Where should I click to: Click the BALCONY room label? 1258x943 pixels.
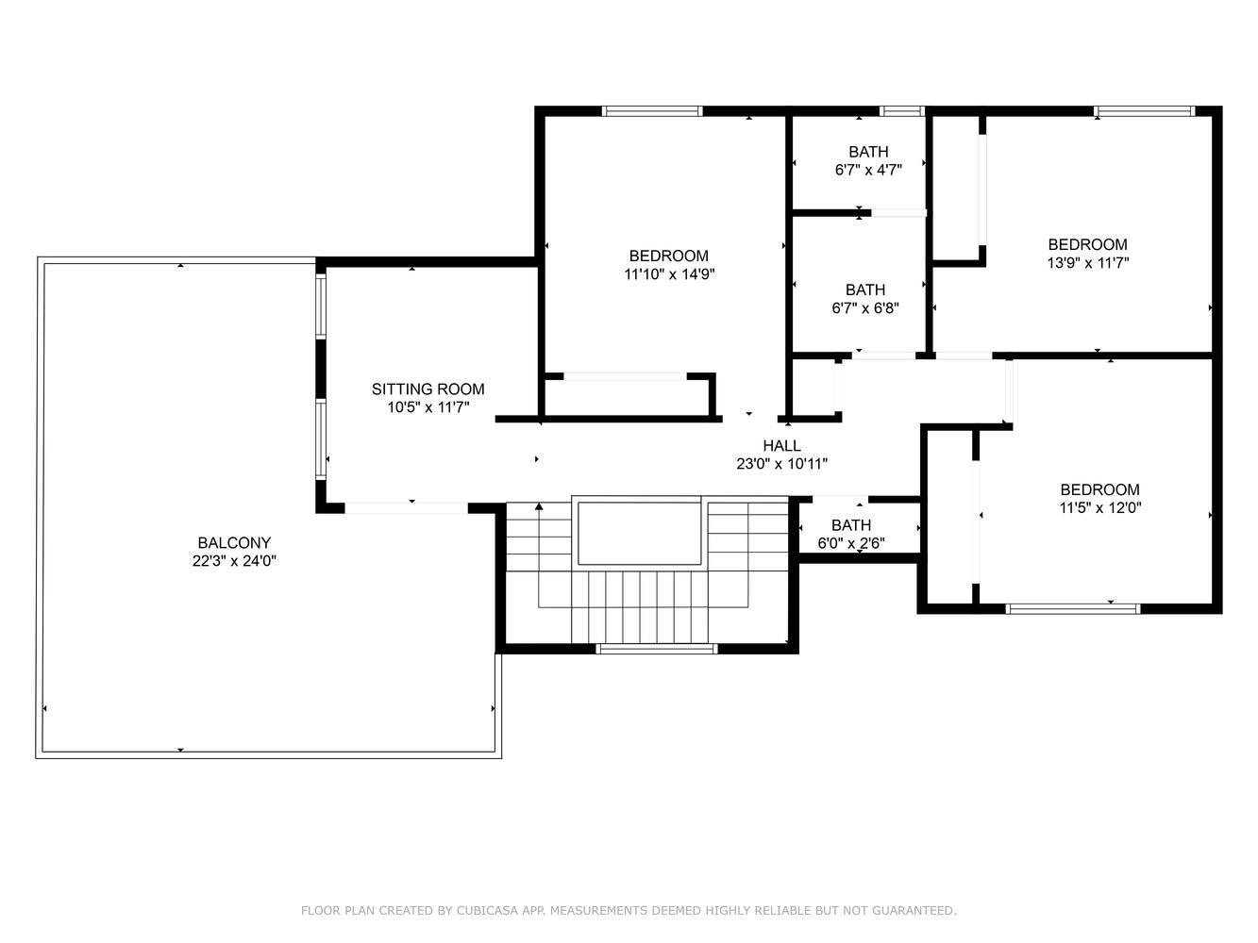[234, 542]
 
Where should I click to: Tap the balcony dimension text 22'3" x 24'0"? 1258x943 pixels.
[234, 560]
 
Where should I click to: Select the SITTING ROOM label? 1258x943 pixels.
[428, 389]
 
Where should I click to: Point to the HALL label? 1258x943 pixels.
[781, 445]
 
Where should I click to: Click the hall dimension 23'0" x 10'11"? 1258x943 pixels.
[781, 464]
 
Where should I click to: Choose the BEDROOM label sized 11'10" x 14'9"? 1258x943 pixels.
[668, 256]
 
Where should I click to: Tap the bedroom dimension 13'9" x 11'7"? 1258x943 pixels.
[1087, 263]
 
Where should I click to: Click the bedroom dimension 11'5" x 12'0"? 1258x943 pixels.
[1099, 507]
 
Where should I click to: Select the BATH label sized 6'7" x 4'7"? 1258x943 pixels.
[868, 152]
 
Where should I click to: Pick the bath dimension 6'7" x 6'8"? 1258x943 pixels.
[864, 308]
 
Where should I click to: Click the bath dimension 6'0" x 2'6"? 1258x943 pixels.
[850, 543]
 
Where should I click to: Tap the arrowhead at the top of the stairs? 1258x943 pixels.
[539, 506]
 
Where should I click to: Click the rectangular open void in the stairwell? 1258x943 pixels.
[639, 533]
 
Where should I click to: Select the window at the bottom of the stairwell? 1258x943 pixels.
[656, 649]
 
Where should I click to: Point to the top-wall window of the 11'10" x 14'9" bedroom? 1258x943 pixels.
[652, 111]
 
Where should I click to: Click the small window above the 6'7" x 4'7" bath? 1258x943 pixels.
[901, 111]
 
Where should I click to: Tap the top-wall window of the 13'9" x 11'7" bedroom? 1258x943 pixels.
[1144, 111]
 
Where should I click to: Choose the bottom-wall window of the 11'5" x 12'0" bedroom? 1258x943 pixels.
[1072, 608]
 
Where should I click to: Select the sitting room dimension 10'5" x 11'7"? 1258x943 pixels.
[428, 407]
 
